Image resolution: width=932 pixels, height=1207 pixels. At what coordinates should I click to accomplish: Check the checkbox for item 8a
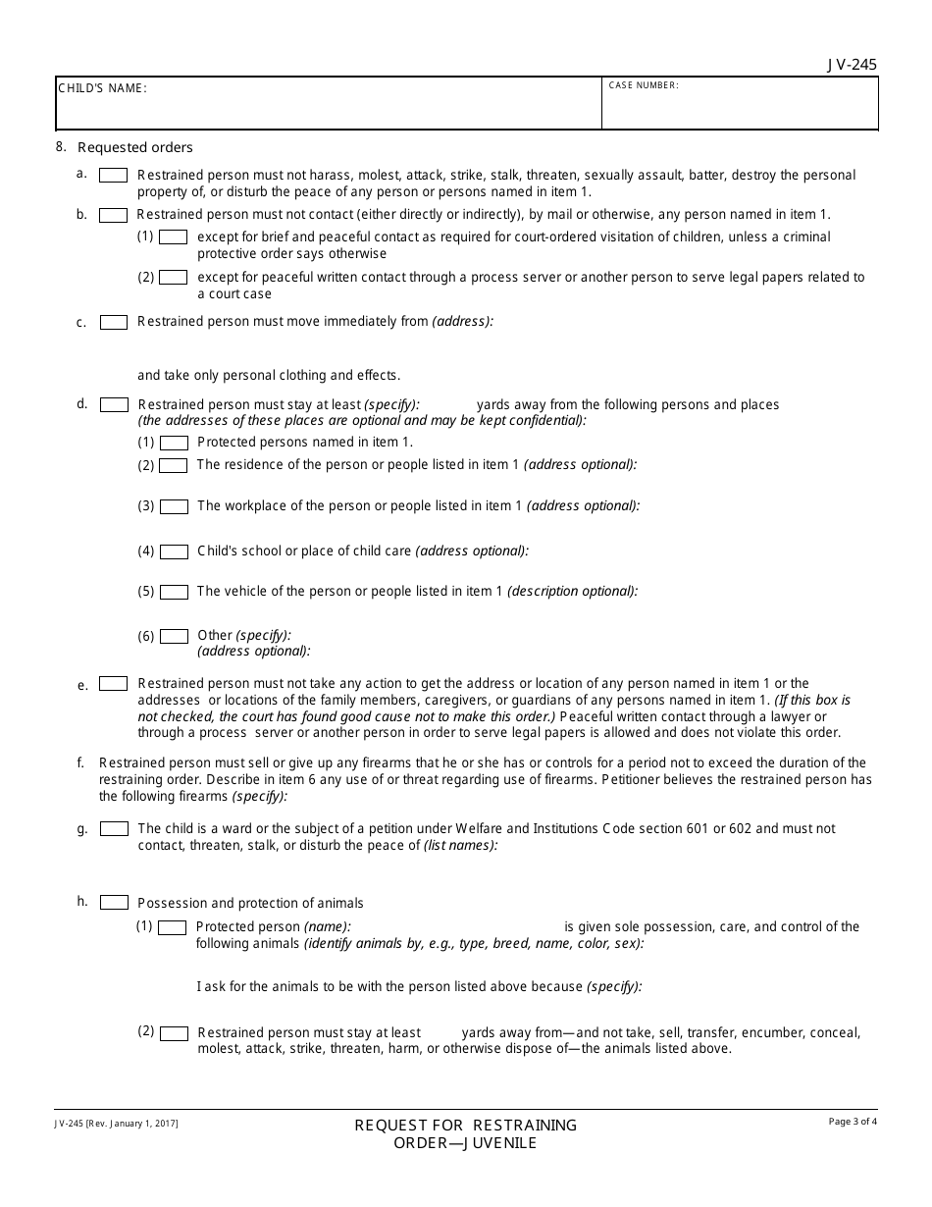(114, 176)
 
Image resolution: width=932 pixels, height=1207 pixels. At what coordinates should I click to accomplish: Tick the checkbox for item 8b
(114, 215)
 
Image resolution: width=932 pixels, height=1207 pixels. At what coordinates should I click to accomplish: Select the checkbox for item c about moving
(114, 322)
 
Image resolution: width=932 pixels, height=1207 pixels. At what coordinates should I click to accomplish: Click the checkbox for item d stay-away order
(114, 404)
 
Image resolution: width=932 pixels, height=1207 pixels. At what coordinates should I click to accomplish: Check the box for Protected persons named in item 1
(174, 443)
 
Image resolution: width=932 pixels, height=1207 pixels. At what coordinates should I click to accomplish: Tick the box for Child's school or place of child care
(174, 551)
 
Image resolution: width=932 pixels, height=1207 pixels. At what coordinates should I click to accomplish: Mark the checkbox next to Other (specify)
(174, 636)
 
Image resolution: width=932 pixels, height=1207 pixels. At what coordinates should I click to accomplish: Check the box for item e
(114, 684)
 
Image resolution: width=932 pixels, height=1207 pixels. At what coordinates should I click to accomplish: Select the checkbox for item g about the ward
(114, 829)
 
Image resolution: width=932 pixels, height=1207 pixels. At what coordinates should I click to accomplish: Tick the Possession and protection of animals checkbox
(114, 903)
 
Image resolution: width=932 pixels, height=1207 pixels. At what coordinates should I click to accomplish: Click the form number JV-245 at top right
(852, 65)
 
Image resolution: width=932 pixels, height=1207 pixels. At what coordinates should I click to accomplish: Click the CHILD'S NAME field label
(102, 88)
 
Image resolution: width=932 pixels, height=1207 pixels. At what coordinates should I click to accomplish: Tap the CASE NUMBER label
(644, 85)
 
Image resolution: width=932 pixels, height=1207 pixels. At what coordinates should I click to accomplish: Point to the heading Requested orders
(135, 148)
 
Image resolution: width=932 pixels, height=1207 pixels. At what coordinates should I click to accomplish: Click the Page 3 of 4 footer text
(853, 1122)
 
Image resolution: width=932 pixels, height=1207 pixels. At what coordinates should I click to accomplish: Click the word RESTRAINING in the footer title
(526, 1126)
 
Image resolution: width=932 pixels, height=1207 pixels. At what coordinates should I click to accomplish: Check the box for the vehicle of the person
(174, 593)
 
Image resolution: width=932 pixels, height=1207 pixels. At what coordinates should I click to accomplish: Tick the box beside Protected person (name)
(173, 927)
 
